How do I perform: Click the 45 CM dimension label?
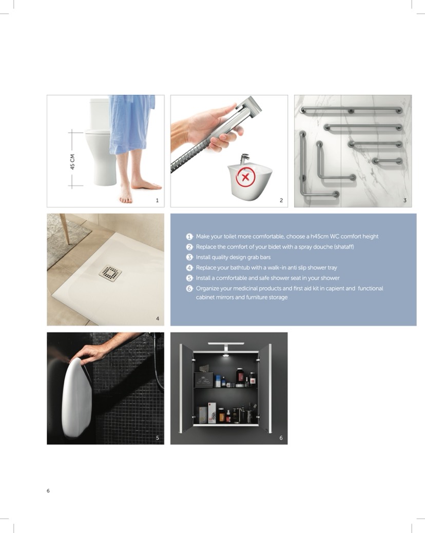tap(72, 162)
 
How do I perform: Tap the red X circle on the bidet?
tap(246, 177)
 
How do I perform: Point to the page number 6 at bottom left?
tap(48, 490)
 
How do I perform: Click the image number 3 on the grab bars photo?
tap(404, 200)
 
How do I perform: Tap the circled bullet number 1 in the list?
tap(189, 237)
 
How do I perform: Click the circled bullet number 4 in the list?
tap(189, 268)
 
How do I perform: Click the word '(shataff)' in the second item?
tap(344, 247)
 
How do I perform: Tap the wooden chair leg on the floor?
tap(65, 229)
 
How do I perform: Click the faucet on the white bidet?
tap(245, 159)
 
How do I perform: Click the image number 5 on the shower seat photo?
tap(157, 438)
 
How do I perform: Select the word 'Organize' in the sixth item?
tap(207, 289)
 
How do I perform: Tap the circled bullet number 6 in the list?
tap(189, 289)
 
